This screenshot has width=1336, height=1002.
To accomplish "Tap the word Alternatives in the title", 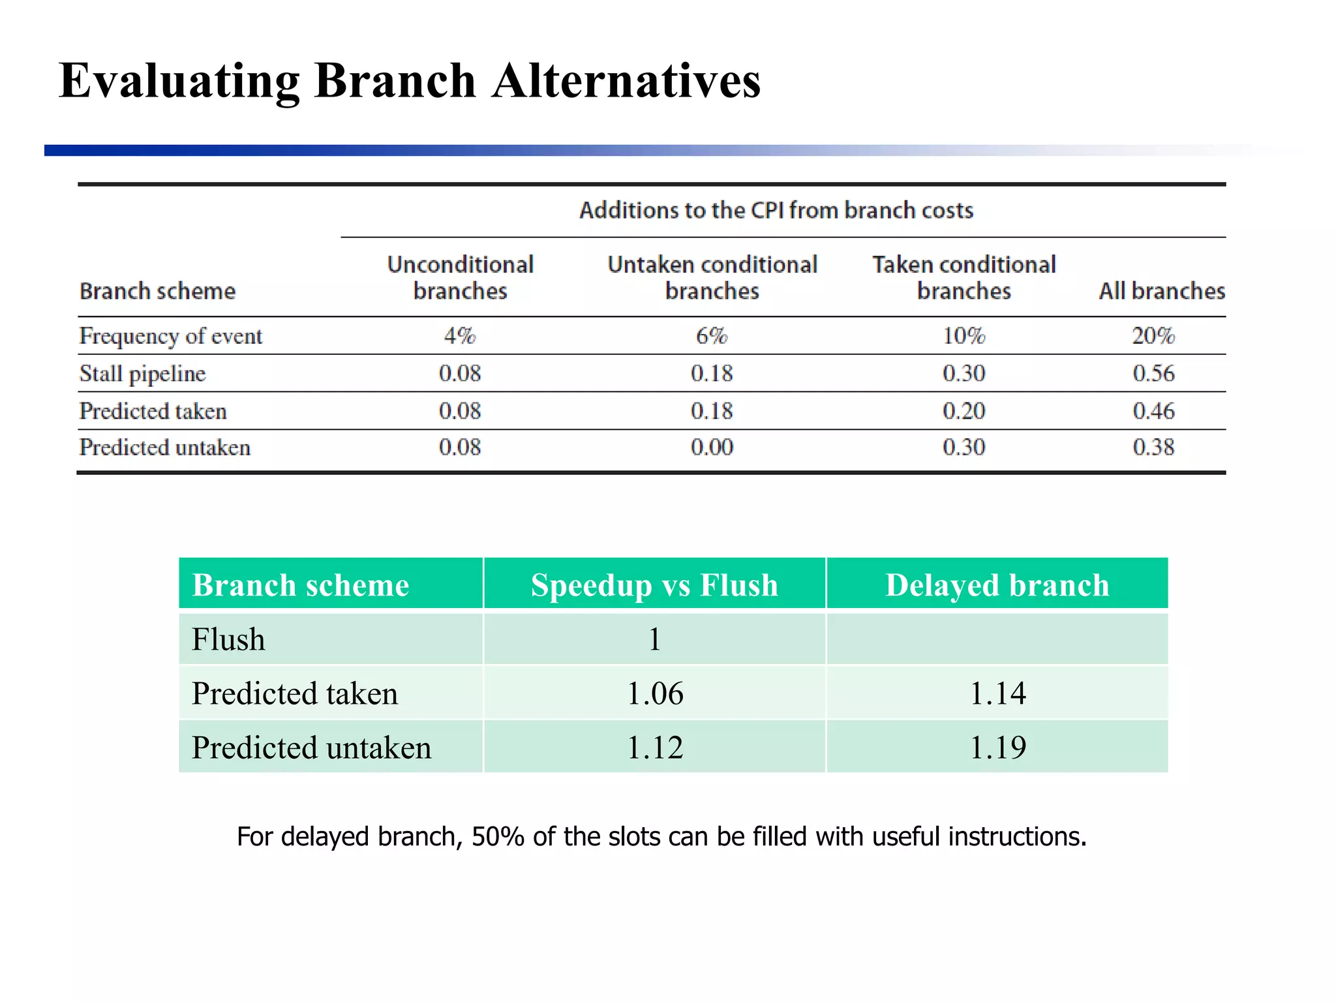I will tap(626, 82).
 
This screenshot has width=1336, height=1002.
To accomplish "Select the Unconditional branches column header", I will tap(460, 277).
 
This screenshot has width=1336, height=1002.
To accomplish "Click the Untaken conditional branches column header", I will tap(712, 277).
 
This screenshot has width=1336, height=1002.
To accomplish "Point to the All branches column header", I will tap(1162, 291).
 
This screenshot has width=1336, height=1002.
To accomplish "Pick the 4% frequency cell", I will tap(460, 336).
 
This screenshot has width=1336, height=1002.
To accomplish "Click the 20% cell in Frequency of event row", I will tap(1153, 336).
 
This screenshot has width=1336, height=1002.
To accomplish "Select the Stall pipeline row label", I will tap(142, 374).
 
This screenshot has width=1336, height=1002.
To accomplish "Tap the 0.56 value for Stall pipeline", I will tap(1153, 374).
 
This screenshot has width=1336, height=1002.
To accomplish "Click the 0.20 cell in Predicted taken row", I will tap(964, 411).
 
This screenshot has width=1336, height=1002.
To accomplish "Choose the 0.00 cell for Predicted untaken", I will tap(712, 448).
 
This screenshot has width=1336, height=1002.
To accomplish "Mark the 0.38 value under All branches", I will tap(1153, 448).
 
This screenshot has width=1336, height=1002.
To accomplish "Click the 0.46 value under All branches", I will tap(1153, 411).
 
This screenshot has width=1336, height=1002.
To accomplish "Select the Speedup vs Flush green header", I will tap(654, 585).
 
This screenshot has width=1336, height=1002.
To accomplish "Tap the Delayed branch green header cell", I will tap(997, 585).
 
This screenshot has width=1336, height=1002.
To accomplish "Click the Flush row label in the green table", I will tap(228, 639).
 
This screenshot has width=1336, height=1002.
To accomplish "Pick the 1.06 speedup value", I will tap(655, 693).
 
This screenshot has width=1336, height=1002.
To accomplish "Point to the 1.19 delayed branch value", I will tap(997, 748).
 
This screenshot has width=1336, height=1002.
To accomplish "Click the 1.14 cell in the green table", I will tap(997, 693).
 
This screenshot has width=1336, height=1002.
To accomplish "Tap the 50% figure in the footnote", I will tap(498, 837).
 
